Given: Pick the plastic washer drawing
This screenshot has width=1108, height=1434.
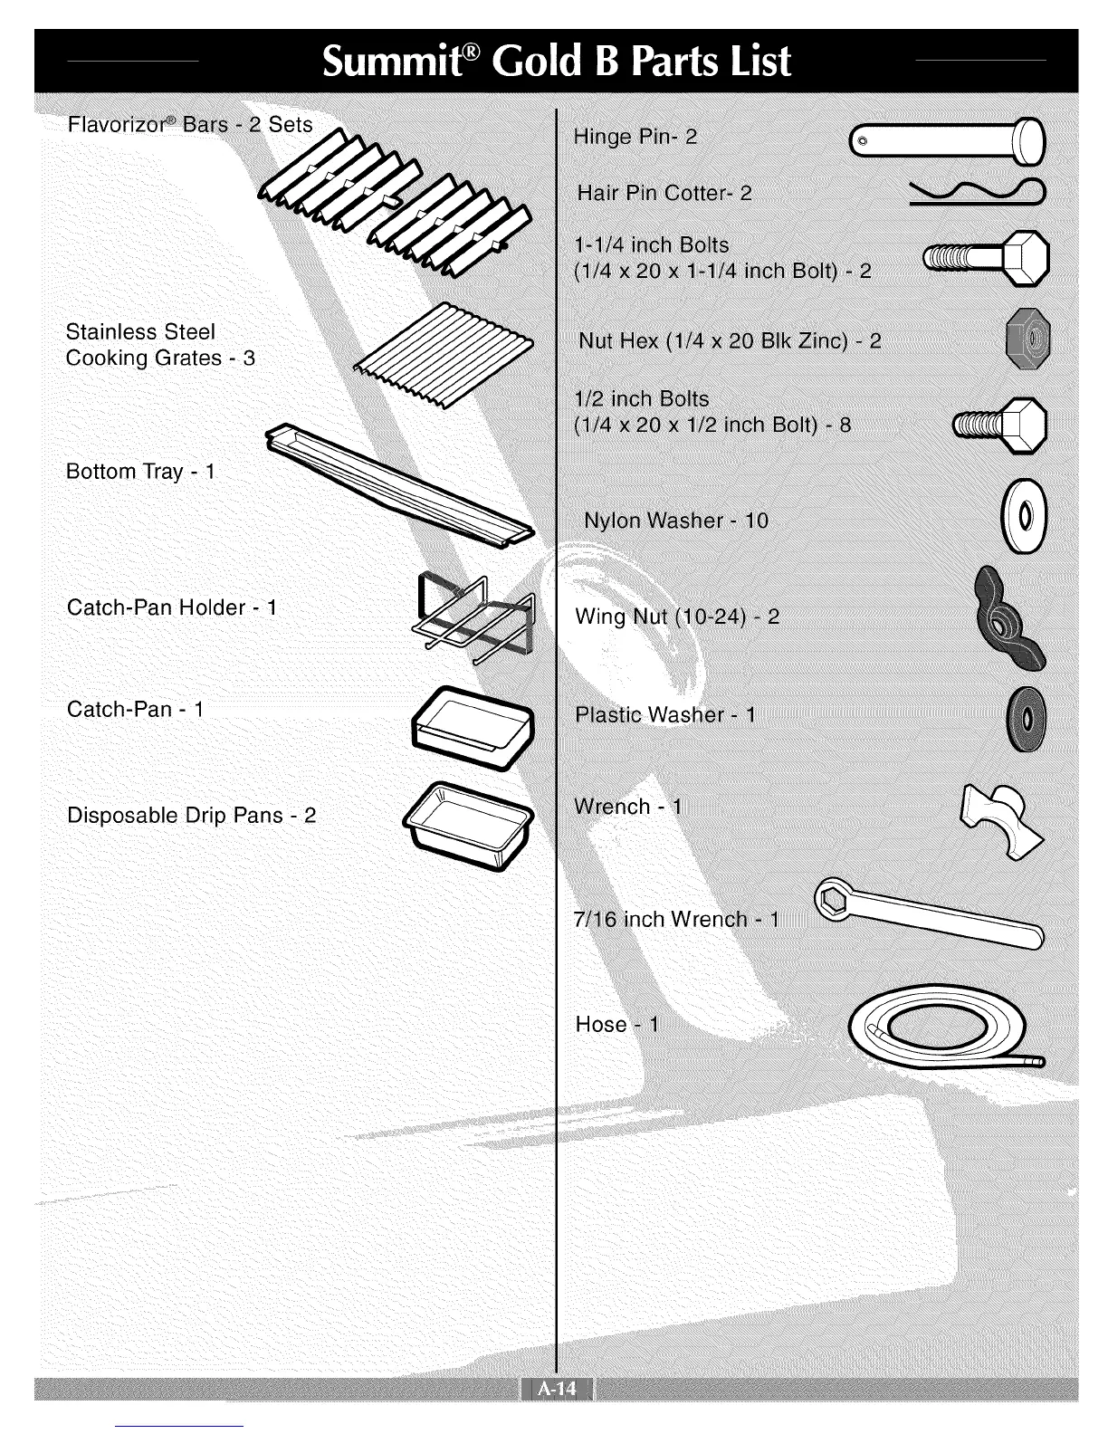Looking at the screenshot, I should tap(1027, 716).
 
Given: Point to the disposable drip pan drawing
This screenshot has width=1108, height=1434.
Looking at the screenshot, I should tap(467, 825).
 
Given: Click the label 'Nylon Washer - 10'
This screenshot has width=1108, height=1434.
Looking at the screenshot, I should tap(675, 521).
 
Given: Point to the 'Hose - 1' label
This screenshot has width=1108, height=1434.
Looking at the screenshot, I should tap(617, 1025).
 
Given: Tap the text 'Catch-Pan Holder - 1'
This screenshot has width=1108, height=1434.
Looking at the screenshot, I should tap(172, 607).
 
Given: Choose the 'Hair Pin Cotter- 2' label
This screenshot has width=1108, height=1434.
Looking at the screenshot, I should tap(664, 193).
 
